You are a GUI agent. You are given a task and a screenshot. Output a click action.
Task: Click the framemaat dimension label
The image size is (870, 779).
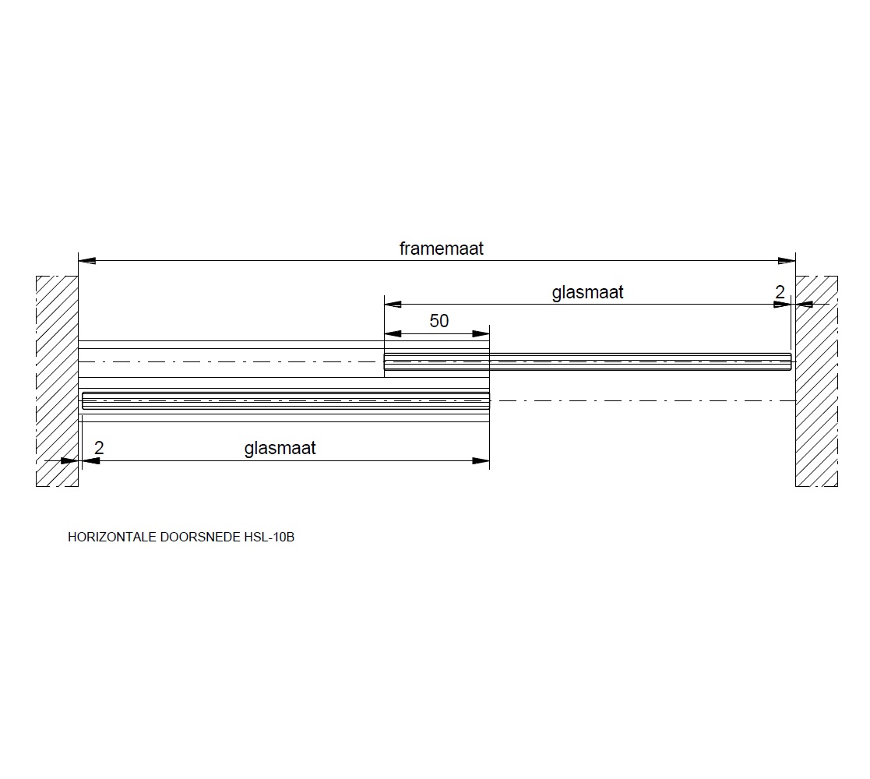441,248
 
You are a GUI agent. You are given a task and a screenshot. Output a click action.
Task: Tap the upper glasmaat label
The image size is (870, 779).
587,292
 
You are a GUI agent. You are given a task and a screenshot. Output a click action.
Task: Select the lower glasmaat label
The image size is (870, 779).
280,448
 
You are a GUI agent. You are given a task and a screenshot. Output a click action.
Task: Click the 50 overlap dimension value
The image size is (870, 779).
439,321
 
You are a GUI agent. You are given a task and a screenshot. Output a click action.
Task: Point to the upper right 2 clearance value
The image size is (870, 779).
780,292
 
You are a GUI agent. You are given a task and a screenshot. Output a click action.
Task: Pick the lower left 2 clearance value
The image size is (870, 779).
100,448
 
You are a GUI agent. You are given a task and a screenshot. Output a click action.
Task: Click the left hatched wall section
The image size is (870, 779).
57,381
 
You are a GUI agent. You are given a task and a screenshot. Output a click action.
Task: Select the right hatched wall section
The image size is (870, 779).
817,381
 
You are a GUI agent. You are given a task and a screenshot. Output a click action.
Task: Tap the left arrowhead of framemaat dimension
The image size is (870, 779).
87,261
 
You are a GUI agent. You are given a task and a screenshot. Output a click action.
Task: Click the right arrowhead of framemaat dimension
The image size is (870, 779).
787,261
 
